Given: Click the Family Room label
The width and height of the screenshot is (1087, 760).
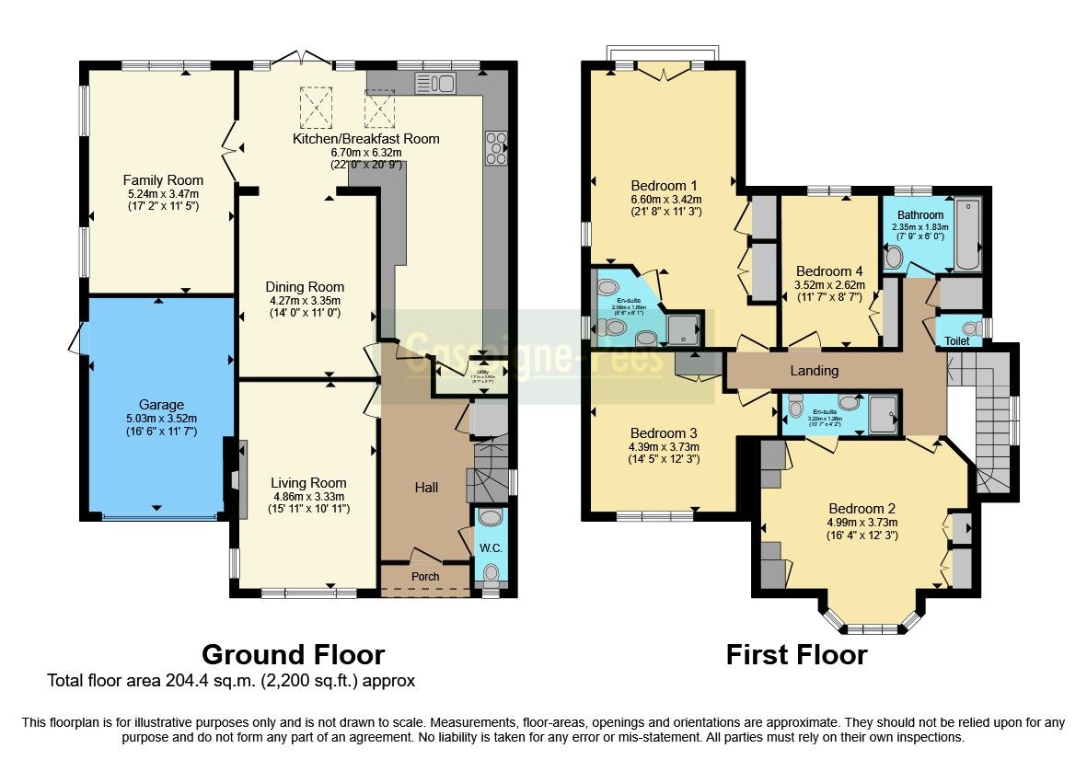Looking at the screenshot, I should (163, 179).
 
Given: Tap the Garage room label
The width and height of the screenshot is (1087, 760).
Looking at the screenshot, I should (161, 405).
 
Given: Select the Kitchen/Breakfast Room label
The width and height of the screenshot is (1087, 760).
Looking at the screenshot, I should (365, 139).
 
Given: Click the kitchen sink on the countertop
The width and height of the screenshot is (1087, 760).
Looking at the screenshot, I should (435, 84).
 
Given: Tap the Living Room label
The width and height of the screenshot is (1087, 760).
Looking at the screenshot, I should (308, 482).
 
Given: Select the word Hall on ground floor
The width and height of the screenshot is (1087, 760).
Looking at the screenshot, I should (425, 487).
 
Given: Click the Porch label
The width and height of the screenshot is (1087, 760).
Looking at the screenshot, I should (425, 577).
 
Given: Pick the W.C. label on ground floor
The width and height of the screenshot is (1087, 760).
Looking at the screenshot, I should (490, 548).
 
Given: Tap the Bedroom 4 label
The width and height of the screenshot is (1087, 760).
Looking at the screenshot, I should (829, 271).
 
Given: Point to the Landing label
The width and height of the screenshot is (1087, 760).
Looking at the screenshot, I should (815, 371).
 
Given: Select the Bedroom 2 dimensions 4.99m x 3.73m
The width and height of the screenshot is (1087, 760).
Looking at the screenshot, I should (862, 522).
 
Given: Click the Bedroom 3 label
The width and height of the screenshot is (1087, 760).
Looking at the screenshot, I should (663, 433).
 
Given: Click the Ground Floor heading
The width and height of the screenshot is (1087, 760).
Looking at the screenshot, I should (293, 654).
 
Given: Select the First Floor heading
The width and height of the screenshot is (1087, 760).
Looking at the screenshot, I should (796, 654).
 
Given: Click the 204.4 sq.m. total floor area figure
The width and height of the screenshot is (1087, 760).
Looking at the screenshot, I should (215, 682).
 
